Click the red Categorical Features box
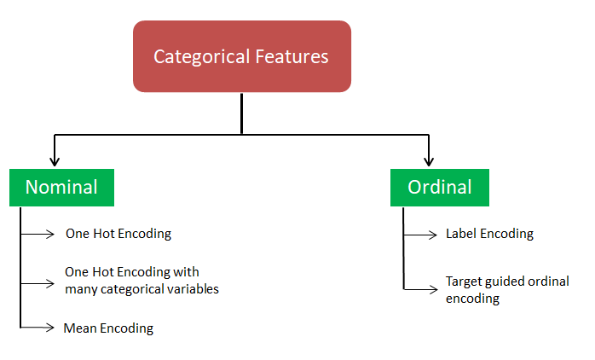pos(241,56)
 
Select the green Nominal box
pos(61,187)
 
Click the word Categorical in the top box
pos(202,57)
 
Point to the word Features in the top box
pos(292,57)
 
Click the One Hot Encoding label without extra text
pos(118,234)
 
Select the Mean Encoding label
pos(108,328)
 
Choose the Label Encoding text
pos(489,234)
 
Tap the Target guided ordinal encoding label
pos(506,289)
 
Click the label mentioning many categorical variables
pos(142,281)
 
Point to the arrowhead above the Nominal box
pos(55,160)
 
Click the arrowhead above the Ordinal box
pos(428,160)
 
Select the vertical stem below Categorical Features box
pos(242,113)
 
